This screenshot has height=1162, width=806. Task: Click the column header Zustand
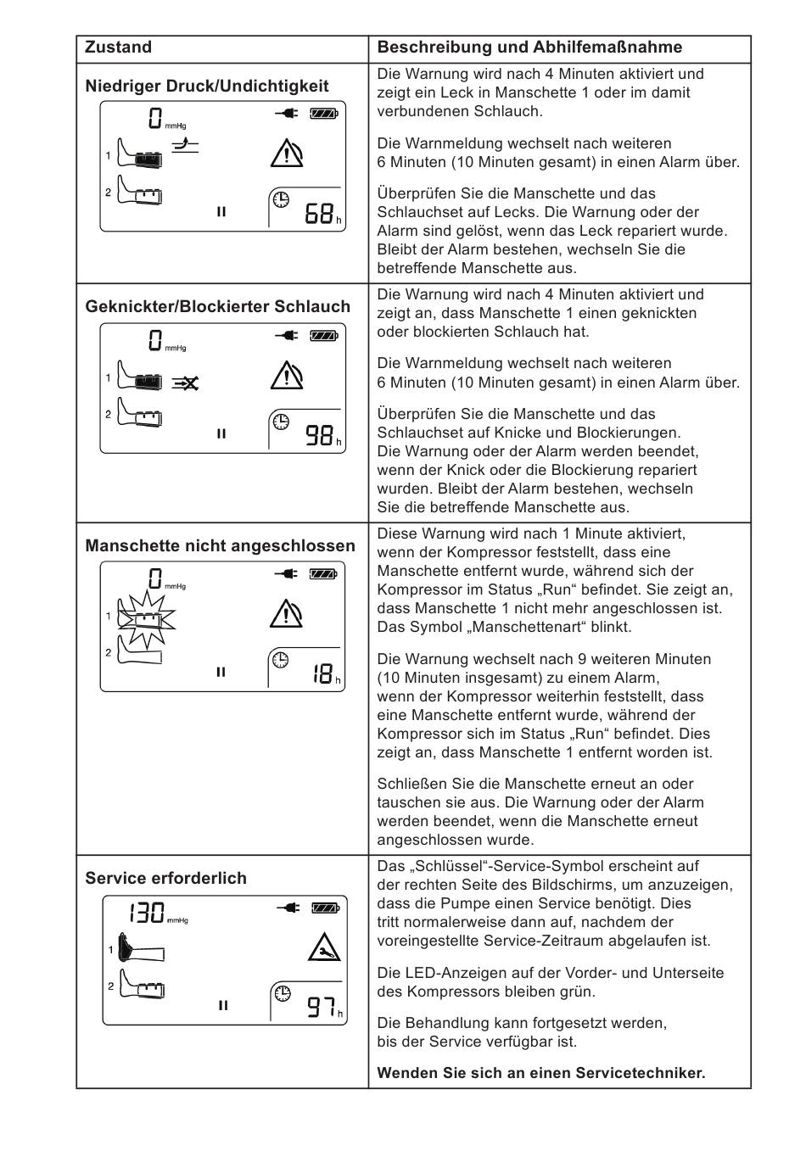[x=119, y=47]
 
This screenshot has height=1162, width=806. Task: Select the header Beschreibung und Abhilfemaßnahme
[x=529, y=47]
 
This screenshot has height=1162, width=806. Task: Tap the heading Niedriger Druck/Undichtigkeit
[x=207, y=86]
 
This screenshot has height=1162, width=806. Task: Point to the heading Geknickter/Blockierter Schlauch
[x=217, y=306]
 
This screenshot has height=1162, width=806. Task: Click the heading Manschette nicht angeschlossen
[x=220, y=545]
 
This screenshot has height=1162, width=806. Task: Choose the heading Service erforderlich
[x=165, y=878]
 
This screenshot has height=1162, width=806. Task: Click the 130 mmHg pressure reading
[x=147, y=913]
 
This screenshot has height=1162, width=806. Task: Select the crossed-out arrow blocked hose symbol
[x=185, y=383]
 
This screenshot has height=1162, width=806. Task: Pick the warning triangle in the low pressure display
[x=287, y=154]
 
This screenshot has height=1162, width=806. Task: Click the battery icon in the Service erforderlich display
[x=325, y=908]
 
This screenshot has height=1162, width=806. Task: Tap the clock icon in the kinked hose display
[x=280, y=422]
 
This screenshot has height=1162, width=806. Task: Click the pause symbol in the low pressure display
[x=221, y=212]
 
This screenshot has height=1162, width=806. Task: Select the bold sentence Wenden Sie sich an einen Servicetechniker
[x=540, y=1073]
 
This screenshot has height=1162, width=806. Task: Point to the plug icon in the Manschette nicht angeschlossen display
[x=287, y=574]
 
